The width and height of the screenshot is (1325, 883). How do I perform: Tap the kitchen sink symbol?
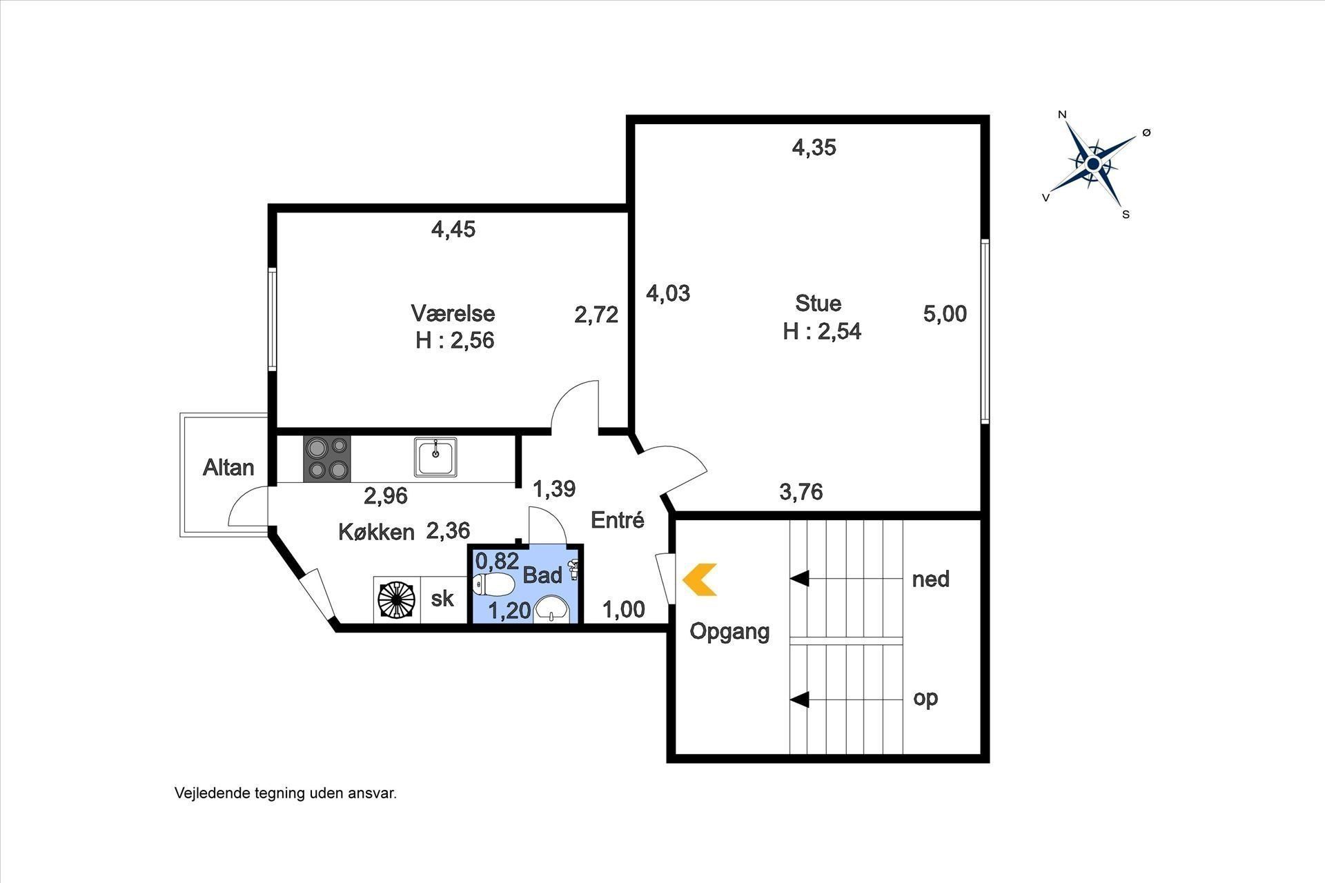pos(435,457)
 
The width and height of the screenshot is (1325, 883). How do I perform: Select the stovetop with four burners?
pos(327,459)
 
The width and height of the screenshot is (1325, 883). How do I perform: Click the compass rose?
pos(1093,164)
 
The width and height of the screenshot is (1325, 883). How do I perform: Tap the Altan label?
pos(228,468)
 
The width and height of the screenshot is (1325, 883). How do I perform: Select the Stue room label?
pos(818,304)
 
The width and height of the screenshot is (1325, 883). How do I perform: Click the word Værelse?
pos(453,313)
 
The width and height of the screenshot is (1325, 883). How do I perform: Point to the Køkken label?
pos(376,532)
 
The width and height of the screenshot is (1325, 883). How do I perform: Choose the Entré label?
pos(618,520)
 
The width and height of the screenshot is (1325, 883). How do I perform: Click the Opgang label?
pos(730,631)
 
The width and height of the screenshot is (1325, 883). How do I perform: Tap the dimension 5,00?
pos(945,314)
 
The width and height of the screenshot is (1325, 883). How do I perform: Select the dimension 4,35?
pos(814,148)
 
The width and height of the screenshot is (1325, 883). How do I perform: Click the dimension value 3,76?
pos(801,492)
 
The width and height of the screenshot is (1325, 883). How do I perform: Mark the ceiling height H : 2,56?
pos(455,341)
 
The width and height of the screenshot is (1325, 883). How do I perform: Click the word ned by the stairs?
pos(931,579)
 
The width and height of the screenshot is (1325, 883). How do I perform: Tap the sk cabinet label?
pos(442,598)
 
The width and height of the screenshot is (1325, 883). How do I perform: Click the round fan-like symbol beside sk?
pos(397,599)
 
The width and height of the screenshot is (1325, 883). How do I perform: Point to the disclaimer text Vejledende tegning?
pos(239,793)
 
